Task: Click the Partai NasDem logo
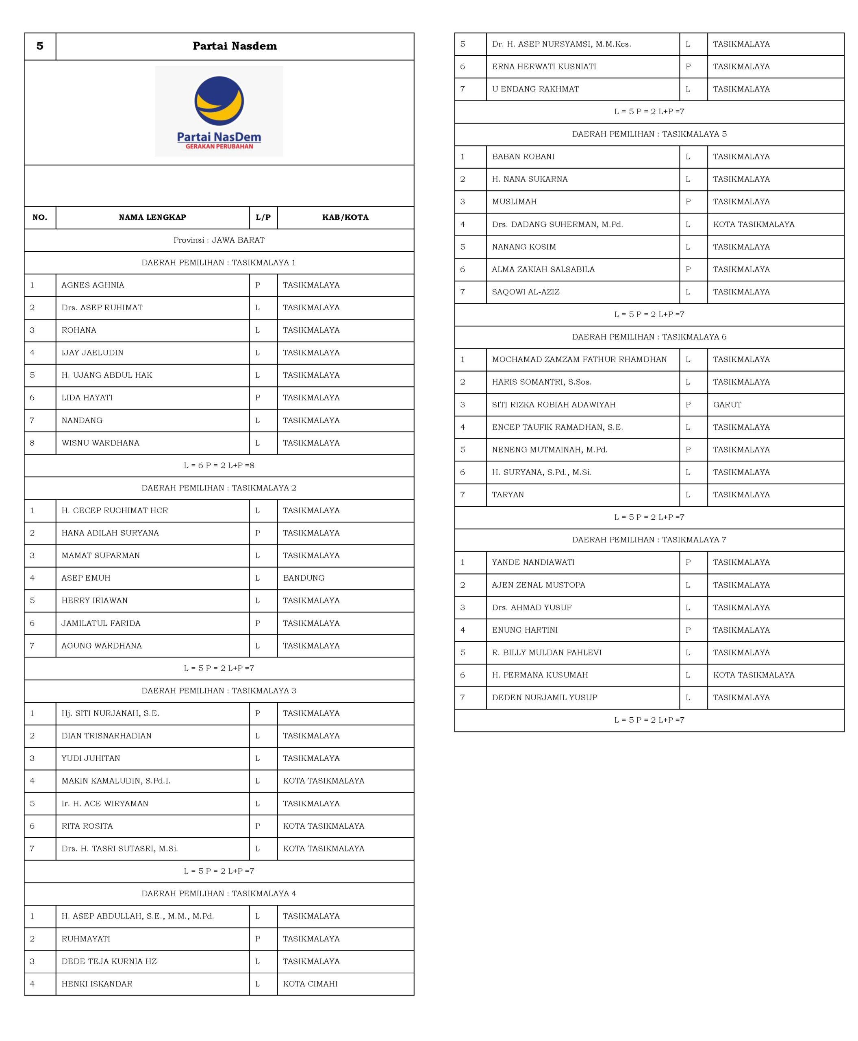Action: [219, 111]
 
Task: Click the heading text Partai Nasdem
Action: [235, 46]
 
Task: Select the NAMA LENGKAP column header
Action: [152, 217]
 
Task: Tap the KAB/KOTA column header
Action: [345, 217]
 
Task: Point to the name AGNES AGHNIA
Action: [92, 285]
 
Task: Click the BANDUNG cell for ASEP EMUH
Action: [304, 577]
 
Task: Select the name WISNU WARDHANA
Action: [100, 442]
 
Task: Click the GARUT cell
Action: [727, 405]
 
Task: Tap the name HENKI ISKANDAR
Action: [97, 984]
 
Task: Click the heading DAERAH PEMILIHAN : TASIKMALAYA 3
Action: [219, 690]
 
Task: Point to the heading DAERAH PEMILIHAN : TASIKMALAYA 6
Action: [649, 337]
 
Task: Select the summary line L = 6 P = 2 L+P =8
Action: [219, 465]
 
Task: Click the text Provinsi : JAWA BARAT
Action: [219, 240]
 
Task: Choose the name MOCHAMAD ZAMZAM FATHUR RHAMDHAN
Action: [579, 359]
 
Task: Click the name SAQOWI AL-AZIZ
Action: [526, 292]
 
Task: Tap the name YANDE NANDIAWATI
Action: [533, 562]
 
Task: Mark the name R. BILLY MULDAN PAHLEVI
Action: [547, 652]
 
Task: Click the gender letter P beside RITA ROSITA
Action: [258, 826]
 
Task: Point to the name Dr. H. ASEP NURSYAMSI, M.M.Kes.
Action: [561, 44]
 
